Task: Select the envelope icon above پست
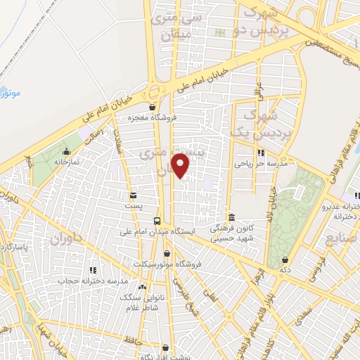132,195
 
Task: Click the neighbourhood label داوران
66,240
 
